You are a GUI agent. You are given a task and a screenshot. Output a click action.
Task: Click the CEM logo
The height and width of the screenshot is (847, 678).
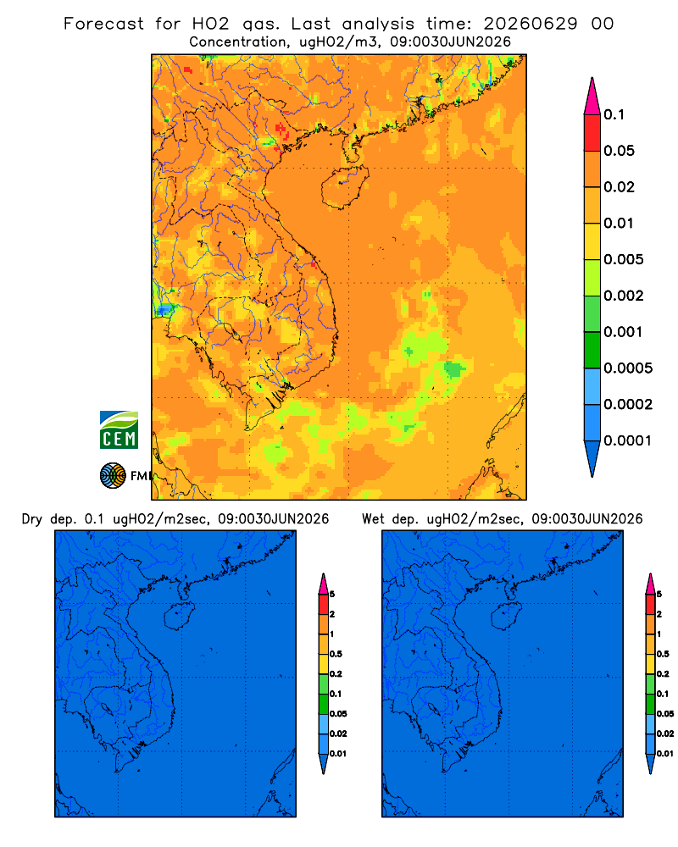point(119,429)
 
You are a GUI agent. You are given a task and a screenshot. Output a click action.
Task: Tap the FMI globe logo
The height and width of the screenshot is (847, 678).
point(113,475)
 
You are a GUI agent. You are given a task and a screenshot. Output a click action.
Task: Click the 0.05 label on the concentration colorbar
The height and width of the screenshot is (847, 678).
point(619,151)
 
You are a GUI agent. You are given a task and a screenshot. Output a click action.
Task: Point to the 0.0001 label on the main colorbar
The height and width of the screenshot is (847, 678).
point(628,440)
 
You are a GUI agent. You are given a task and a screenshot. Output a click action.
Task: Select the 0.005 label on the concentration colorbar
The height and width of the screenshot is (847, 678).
point(624,259)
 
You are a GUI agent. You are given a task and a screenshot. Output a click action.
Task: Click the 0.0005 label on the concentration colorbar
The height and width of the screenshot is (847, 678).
point(628,368)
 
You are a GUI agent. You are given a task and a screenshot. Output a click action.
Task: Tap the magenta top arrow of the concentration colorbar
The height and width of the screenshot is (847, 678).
point(592,96)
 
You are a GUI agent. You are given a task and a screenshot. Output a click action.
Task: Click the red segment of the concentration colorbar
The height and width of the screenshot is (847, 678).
point(592,132)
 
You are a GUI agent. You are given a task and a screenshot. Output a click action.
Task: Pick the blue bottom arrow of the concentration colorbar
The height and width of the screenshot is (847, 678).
point(592,458)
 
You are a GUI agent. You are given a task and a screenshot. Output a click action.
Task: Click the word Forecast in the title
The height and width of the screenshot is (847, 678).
point(103,24)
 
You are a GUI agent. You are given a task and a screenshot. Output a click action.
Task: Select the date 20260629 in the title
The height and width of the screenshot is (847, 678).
point(531,24)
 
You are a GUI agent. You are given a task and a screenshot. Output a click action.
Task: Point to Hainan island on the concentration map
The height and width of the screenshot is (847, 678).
point(344,187)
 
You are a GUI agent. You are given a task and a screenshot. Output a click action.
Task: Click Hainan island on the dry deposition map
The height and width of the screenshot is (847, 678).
point(180,617)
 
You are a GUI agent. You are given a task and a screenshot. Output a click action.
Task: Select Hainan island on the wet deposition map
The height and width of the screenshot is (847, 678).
point(508,617)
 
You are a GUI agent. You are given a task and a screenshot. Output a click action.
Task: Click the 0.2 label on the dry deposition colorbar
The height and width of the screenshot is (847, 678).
point(336,674)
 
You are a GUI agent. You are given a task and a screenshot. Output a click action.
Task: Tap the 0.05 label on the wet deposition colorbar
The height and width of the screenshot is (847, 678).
point(665,714)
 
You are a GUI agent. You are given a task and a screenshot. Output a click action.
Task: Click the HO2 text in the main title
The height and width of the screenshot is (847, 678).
point(210,24)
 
